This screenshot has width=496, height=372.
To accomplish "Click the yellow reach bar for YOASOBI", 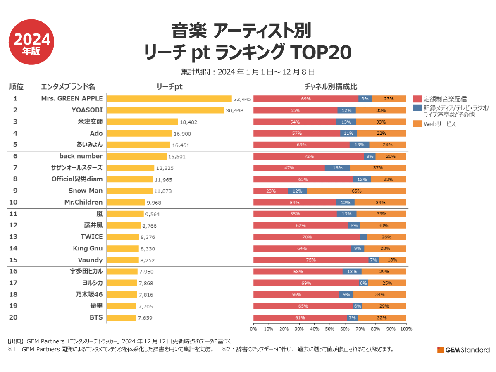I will (x=165, y=110).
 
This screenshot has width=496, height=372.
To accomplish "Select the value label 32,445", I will (x=242, y=99).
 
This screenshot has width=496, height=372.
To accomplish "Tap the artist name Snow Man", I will (x=86, y=191).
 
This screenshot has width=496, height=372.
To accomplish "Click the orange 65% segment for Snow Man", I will (x=356, y=191).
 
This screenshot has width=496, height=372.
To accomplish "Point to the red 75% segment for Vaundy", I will (x=310, y=260).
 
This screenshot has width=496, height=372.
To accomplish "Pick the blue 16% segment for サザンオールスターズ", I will (x=337, y=168).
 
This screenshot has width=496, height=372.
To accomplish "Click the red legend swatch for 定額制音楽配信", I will (x=417, y=99).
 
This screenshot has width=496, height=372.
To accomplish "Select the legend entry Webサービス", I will (x=440, y=124).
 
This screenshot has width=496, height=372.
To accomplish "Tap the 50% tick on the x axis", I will (x=329, y=329).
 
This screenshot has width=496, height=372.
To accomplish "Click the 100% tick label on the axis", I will (x=406, y=329).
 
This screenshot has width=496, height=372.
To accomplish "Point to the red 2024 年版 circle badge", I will (x=32, y=42).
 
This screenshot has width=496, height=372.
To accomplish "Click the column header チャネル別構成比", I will (x=331, y=87).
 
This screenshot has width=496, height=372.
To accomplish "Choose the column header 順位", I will (x=16, y=87).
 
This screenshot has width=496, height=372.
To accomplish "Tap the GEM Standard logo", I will (x=463, y=350).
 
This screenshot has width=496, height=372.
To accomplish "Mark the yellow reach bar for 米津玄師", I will (x=142, y=122).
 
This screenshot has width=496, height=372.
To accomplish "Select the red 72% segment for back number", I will (x=308, y=157).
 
